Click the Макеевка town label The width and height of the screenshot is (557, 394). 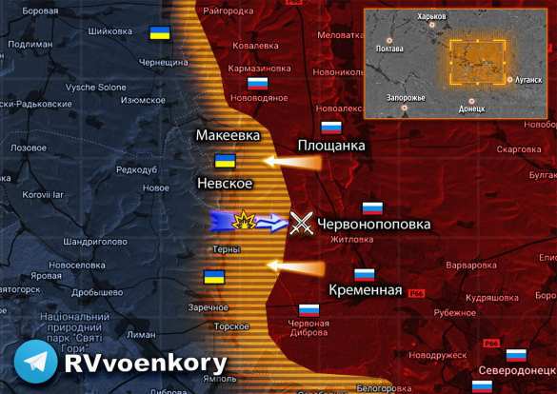point(228,136)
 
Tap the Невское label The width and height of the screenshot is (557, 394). point(225,183)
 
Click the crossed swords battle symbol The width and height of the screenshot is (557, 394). point(301,224)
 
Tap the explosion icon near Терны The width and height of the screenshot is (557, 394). point(244,223)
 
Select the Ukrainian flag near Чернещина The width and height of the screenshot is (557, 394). point(159,34)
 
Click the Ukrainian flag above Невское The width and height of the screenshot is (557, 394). point(226,161)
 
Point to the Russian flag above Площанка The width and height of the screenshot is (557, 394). point(330,127)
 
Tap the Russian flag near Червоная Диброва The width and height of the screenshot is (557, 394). point(308,309)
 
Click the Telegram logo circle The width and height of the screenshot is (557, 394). point(35,363)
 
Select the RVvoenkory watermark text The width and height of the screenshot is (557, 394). point(146,363)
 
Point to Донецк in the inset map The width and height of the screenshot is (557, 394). point(471,108)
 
